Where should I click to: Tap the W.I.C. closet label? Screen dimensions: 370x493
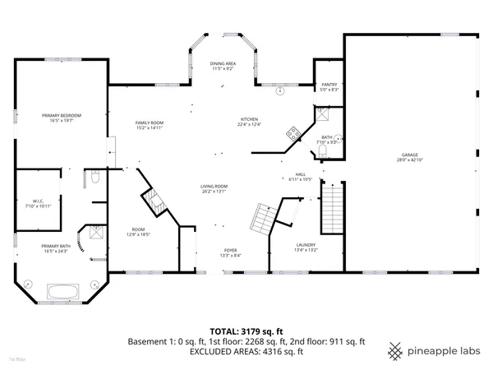(x=38, y=200)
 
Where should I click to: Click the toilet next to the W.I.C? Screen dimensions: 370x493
(x=96, y=178)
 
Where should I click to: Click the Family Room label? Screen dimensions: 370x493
(x=150, y=123)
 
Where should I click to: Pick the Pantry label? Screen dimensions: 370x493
(x=328, y=84)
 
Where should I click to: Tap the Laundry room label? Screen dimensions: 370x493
(x=306, y=244)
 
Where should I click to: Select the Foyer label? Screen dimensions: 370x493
(x=232, y=250)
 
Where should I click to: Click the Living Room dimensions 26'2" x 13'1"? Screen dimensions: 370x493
(x=214, y=192)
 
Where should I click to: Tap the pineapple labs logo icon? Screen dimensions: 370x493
(x=395, y=349)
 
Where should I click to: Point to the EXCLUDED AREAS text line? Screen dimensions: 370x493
(x=246, y=351)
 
